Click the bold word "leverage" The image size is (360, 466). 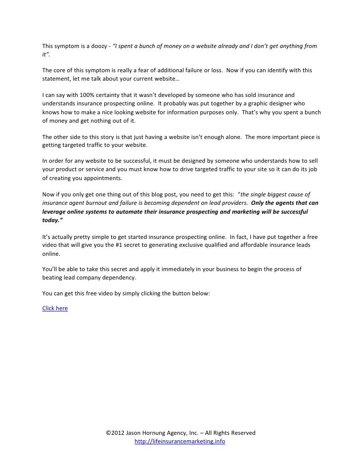coord(56,211)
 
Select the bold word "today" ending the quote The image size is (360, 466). coord(49,221)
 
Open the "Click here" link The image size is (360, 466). coord(55,308)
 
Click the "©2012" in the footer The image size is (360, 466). coord(115,433)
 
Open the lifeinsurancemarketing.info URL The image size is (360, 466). coord(180,441)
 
